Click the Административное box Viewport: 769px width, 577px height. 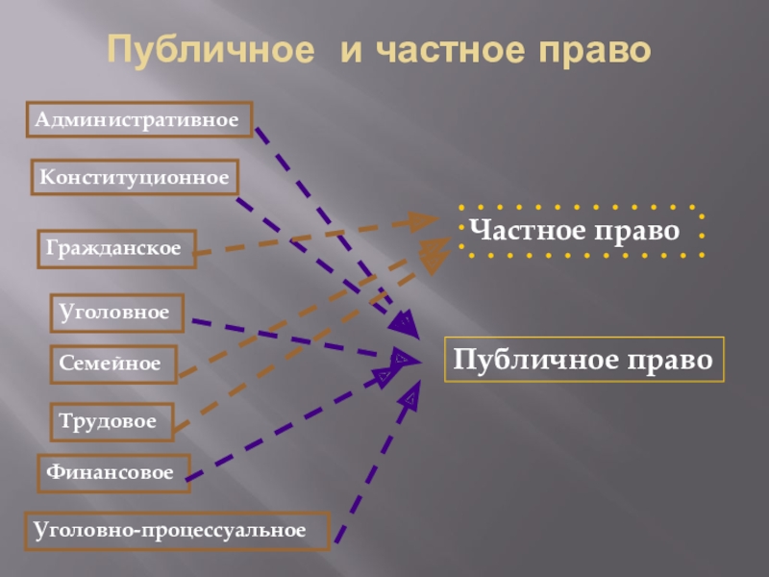coord(139,120)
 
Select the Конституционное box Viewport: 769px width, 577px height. coord(135,178)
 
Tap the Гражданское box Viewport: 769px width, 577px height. coord(116,248)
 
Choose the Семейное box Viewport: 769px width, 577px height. coord(113,364)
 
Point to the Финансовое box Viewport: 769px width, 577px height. coord(113,473)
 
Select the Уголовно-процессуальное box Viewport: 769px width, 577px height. coord(177,530)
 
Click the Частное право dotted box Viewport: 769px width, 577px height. coord(581,231)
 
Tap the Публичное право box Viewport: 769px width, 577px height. coord(583,361)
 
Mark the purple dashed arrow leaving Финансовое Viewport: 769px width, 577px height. coord(288,423)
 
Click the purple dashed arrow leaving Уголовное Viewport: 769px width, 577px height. coord(288,338)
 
